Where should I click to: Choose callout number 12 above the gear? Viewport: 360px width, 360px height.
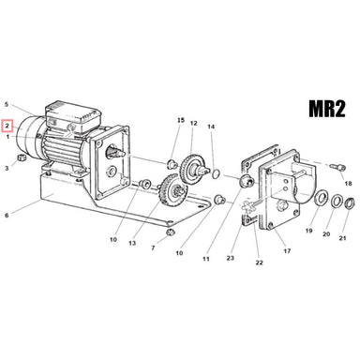pyautogui.click(x=194, y=124)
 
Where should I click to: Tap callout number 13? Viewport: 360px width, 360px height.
pyautogui.click(x=132, y=243)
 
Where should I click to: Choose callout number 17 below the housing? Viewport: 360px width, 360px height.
pyautogui.click(x=287, y=251)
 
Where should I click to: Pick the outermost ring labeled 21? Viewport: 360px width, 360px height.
pyautogui.click(x=348, y=205)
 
